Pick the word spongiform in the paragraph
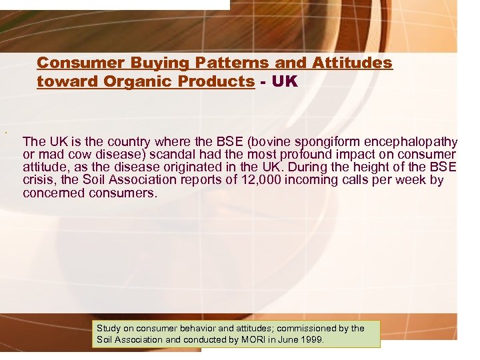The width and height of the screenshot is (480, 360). coord(328,141)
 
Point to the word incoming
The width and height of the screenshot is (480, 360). coord(312,180)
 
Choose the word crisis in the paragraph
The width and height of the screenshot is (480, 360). coord(37,180)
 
